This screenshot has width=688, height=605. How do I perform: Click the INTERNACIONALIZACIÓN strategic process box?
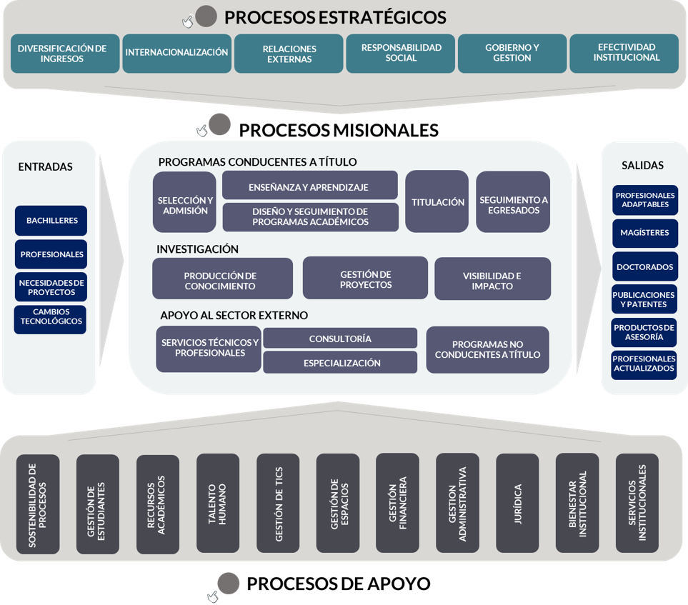176,53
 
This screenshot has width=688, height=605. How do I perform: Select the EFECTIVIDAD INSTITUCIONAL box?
624,53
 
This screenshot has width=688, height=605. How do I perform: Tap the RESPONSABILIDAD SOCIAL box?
400,53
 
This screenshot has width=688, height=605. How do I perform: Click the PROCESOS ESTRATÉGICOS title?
335,18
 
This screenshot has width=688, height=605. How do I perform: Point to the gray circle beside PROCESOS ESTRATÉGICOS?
206,16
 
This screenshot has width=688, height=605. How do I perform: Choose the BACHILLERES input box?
51,221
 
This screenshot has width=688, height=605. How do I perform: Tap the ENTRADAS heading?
45,166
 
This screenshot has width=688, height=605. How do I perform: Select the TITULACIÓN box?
437,202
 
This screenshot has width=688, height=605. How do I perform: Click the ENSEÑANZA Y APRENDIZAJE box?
309,186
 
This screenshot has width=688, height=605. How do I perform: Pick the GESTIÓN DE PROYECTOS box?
365,279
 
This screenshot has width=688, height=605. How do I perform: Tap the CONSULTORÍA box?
340,339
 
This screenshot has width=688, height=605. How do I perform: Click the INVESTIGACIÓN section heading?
197,249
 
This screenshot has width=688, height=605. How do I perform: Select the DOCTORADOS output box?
644,267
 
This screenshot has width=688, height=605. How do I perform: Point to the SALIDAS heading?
642,165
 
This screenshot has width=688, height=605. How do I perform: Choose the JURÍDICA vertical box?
517,504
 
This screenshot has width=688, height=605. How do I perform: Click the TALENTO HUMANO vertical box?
217,504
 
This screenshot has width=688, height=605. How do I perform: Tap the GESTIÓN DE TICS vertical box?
278,504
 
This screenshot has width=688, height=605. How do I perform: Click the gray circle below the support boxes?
229,584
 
